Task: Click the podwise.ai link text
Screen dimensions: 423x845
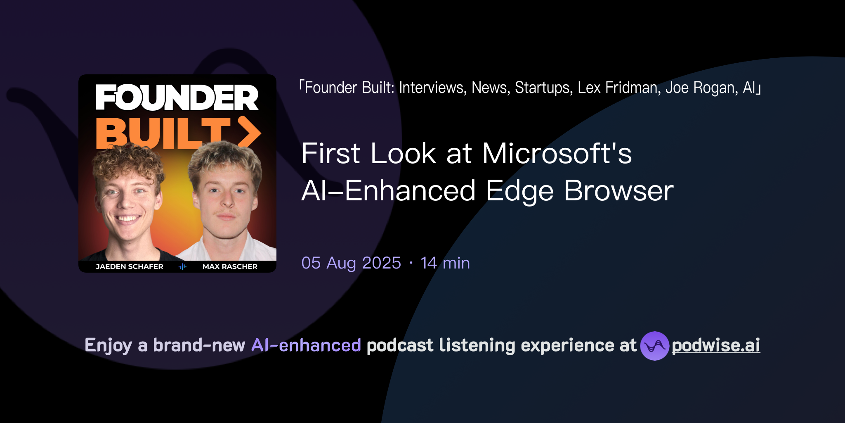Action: [715, 345]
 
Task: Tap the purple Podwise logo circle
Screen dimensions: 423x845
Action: [654, 346]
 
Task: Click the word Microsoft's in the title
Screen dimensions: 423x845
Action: [557, 154]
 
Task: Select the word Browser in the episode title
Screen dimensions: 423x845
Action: [618, 191]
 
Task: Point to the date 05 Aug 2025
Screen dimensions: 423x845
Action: [351, 263]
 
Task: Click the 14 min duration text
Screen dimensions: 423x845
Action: [445, 263]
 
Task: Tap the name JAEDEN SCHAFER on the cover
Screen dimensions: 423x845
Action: [130, 266]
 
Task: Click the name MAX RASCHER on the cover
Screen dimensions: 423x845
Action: [230, 266]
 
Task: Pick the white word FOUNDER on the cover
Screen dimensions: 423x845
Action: [177, 97]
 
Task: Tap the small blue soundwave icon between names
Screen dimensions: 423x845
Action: [182, 267]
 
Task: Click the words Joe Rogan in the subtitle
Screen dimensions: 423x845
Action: [701, 88]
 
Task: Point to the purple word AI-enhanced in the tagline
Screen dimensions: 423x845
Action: [306, 345]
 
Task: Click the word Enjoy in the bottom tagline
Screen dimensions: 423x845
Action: [108, 345]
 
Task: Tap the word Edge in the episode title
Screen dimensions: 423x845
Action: [519, 191]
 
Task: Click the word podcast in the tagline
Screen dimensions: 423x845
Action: [400, 345]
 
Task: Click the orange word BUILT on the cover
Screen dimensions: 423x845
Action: [163, 133]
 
